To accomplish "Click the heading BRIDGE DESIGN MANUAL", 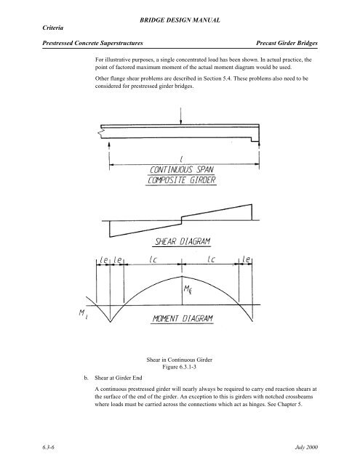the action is coord(180,13).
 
